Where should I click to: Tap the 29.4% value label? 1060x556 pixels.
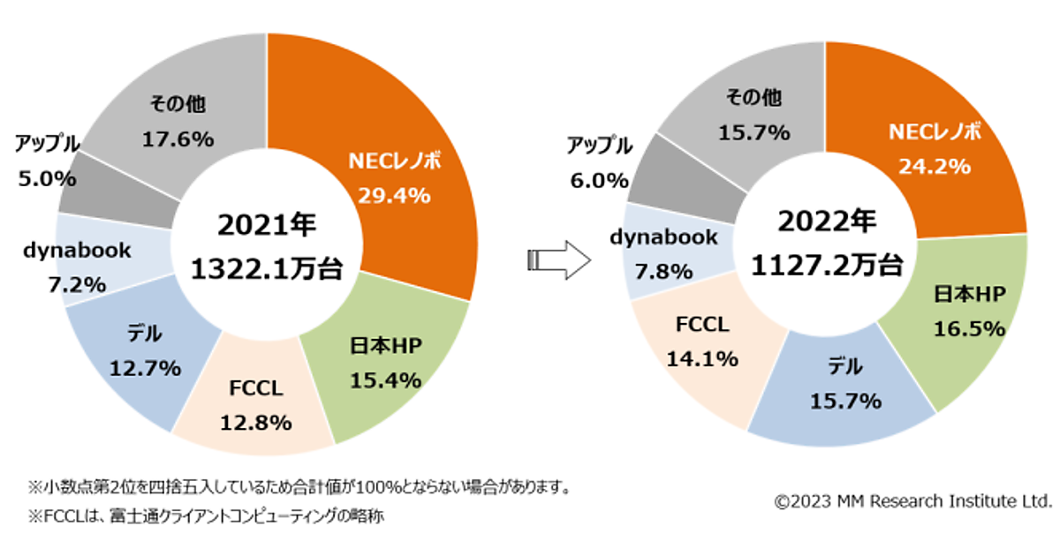click(394, 195)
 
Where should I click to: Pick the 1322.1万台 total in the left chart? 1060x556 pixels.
click(267, 269)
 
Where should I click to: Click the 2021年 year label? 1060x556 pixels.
click(267, 225)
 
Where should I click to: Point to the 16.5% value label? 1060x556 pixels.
click(969, 329)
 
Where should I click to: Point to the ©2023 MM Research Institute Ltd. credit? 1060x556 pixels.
click(912, 501)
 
